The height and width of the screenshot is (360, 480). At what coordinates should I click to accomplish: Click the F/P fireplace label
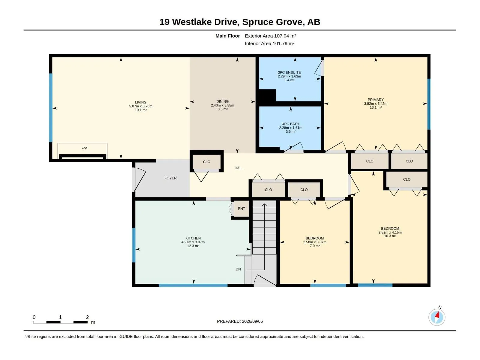point(84,148)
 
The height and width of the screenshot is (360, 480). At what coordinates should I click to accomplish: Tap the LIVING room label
point(141,102)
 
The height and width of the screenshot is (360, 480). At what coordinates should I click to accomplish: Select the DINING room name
point(222,101)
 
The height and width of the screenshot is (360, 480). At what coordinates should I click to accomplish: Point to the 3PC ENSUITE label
point(289,72)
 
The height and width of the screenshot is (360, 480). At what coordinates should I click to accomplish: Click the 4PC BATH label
point(291,124)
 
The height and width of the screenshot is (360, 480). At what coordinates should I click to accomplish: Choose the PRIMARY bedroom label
point(376,100)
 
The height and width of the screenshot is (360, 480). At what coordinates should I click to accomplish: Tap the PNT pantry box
point(241,209)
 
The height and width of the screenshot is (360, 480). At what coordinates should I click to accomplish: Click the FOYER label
point(171,178)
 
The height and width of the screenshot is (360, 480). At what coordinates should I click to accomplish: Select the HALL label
point(239,168)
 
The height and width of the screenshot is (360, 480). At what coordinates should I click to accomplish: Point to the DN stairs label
point(238,269)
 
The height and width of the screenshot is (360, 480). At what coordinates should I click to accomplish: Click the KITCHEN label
point(193,238)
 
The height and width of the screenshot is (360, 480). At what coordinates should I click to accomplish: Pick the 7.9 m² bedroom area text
point(315,246)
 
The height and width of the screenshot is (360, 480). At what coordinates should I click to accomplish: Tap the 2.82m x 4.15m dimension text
point(390,232)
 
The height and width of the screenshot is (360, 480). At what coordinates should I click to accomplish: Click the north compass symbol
point(437,317)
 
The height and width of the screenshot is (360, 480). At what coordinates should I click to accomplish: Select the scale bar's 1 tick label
point(60,317)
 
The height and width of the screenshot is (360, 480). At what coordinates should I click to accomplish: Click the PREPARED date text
point(240,321)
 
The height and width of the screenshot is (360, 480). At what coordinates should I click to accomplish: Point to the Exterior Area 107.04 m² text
point(270,36)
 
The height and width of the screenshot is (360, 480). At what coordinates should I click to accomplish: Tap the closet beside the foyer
point(206,162)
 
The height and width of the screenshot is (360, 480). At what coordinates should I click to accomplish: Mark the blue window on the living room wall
point(51,108)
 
